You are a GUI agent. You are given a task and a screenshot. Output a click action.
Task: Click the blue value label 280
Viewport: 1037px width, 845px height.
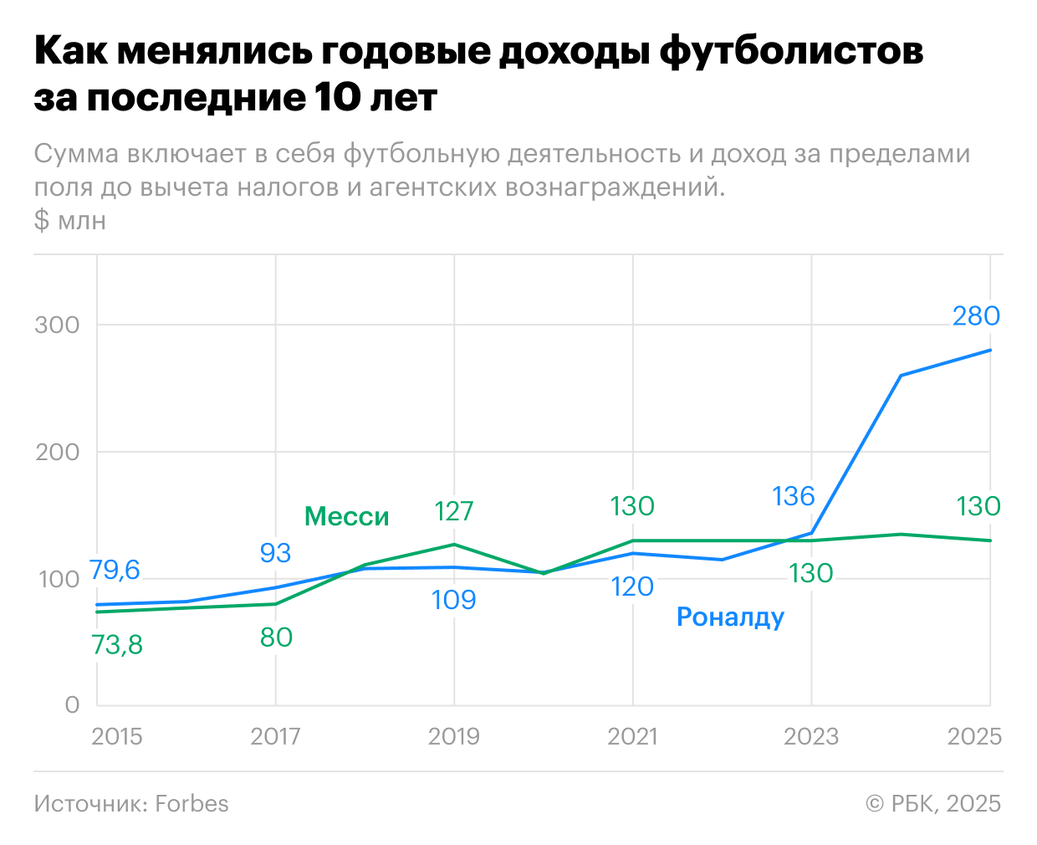[x=976, y=316]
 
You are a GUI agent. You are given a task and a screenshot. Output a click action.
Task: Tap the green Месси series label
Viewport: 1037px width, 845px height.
[x=346, y=516]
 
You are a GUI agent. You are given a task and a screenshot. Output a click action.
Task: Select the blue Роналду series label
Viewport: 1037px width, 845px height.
[x=730, y=617]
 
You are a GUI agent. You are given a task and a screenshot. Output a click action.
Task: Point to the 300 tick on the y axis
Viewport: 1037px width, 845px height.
[x=57, y=325]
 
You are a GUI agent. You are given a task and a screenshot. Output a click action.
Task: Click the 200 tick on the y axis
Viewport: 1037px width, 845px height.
[x=57, y=452]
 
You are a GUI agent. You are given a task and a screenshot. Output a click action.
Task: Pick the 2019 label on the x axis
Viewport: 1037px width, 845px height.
[x=454, y=736]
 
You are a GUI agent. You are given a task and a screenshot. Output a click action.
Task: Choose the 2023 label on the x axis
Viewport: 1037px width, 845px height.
[x=810, y=736]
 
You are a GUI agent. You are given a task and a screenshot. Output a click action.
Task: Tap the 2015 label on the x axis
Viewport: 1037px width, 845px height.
[x=116, y=736]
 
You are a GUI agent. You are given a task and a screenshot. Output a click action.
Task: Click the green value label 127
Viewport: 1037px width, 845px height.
[x=454, y=511]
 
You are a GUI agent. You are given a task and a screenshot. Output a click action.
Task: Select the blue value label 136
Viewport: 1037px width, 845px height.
[x=793, y=496]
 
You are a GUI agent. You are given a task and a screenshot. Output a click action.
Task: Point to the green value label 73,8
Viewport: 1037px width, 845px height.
[x=116, y=645]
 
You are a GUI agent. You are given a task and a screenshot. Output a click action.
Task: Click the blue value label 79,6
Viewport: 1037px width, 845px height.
[x=115, y=571]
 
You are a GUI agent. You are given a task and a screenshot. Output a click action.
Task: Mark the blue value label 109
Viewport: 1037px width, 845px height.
[x=454, y=600]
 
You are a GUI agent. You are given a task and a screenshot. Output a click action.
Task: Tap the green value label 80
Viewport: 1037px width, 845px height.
[x=276, y=638]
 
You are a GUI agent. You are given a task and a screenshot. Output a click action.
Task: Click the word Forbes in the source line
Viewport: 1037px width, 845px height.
[x=192, y=804]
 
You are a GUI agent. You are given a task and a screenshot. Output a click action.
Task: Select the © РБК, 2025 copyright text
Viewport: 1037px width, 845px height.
[x=933, y=804]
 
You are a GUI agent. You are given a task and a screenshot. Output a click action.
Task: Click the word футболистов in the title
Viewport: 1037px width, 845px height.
[x=791, y=52]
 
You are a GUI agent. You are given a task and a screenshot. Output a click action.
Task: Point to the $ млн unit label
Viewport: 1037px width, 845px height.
[x=70, y=220]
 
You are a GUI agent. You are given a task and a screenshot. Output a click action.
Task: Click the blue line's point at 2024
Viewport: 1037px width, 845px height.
[x=901, y=376]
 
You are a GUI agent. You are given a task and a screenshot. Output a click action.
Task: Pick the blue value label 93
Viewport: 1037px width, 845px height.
[x=275, y=553]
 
